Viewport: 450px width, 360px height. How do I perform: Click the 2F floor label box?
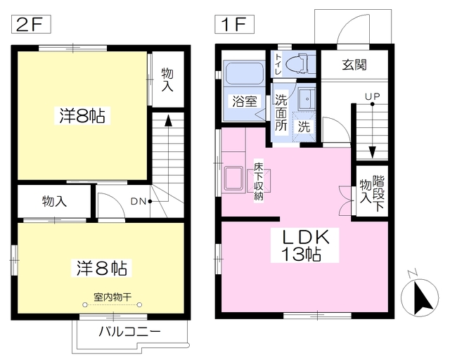[31, 25]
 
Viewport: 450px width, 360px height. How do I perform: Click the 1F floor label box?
[234, 25]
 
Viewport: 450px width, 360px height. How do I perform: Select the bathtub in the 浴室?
[244, 73]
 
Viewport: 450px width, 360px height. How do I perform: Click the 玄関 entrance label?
[354, 65]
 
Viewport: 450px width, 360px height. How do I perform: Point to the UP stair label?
[372, 96]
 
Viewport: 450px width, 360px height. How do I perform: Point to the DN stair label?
[139, 202]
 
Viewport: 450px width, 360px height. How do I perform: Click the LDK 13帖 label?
[304, 245]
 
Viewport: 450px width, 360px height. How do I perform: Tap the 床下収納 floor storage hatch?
[259, 181]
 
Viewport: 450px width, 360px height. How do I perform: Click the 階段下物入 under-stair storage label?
[372, 193]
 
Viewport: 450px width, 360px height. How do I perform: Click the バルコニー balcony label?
[129, 332]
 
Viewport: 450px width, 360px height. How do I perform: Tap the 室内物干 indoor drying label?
[112, 296]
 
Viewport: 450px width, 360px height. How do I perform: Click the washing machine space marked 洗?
[304, 127]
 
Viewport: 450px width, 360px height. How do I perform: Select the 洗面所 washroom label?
[281, 112]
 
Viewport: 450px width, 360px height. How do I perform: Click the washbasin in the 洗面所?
[307, 98]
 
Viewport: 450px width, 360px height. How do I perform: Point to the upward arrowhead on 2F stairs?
[168, 120]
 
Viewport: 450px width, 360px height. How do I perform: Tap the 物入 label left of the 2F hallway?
[55, 201]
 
